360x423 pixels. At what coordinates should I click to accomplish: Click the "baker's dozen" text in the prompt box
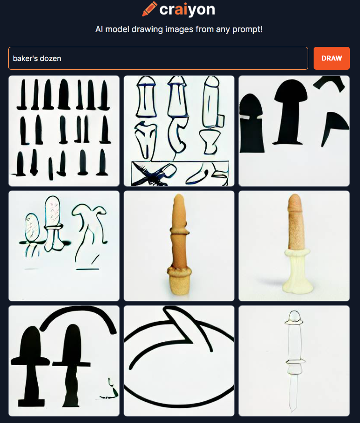pos(37,58)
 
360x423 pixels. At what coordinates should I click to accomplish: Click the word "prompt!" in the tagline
pos(247,29)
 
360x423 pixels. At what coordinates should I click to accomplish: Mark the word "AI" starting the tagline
pos(99,29)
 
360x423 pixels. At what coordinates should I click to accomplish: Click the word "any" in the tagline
pos(223,30)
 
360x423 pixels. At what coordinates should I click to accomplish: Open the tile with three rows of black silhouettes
pos(64,131)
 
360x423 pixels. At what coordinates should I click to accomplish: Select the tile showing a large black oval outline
pos(179,361)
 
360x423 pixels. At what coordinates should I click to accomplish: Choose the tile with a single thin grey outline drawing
pos(294,361)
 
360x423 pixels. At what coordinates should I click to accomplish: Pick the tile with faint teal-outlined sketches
pos(64,246)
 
